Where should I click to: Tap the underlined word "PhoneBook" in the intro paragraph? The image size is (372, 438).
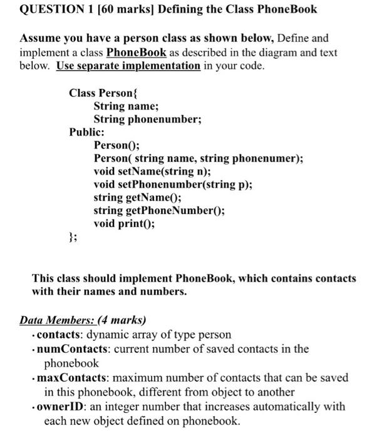138,52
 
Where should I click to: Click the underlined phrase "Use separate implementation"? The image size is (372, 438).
128,66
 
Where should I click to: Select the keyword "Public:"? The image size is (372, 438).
87,132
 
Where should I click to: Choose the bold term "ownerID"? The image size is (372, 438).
61,407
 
